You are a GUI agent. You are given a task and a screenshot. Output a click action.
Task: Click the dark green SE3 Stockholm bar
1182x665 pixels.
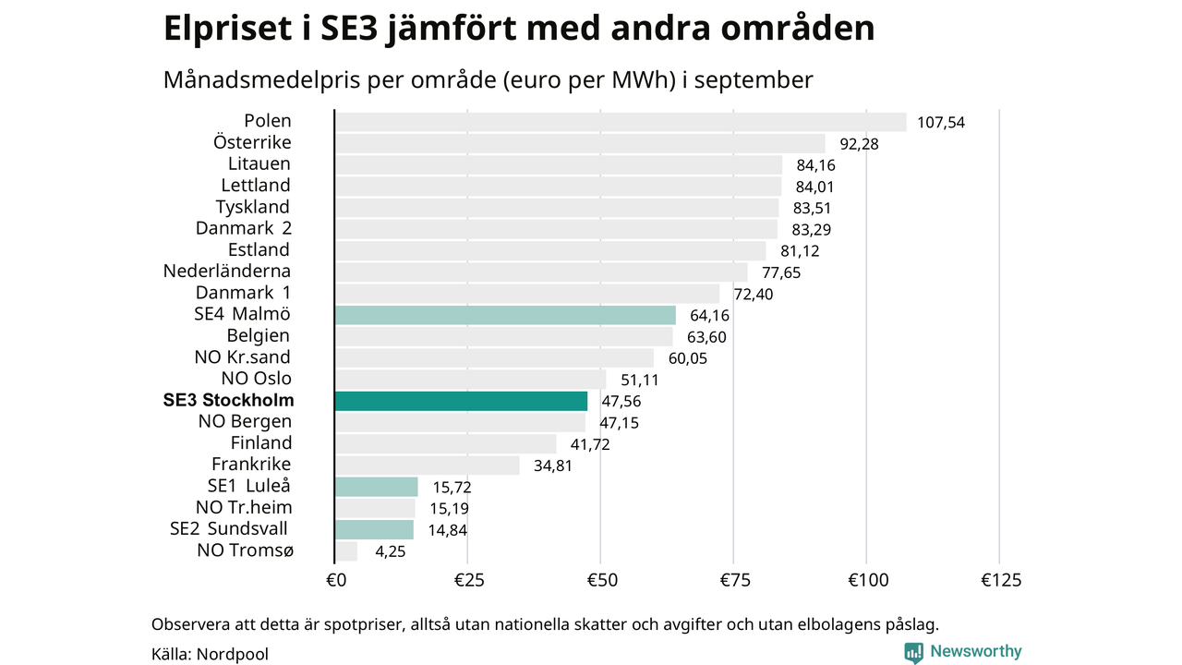tap(461, 401)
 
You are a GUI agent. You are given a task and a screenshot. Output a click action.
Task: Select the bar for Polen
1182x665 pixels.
tap(620, 122)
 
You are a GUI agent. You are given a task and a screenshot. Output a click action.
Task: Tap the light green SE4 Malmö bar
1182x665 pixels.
tap(505, 315)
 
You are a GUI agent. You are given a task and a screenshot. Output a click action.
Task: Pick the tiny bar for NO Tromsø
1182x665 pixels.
tap(346, 551)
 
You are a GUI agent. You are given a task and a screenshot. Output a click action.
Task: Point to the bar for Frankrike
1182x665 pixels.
tap(427, 465)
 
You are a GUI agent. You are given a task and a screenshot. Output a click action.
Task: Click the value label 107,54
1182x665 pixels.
tap(941, 122)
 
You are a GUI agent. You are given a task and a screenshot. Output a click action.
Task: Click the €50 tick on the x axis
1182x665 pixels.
tap(600, 580)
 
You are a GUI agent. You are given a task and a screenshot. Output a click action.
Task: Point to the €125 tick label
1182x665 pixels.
tap(1001, 580)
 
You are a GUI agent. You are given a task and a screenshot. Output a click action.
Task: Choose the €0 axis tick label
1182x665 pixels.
tap(335, 580)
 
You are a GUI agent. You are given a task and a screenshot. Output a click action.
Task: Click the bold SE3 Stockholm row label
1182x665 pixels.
tap(228, 401)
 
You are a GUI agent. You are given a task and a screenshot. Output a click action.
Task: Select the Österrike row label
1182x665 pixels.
tap(252, 142)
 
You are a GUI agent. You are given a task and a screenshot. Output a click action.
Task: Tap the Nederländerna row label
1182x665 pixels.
tap(227, 272)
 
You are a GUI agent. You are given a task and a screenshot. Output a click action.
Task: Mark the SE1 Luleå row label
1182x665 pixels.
tap(249, 487)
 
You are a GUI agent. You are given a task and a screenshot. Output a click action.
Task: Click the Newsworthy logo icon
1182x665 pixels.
tap(914, 652)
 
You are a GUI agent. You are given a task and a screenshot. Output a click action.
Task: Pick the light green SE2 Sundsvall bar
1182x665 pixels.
tap(374, 529)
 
